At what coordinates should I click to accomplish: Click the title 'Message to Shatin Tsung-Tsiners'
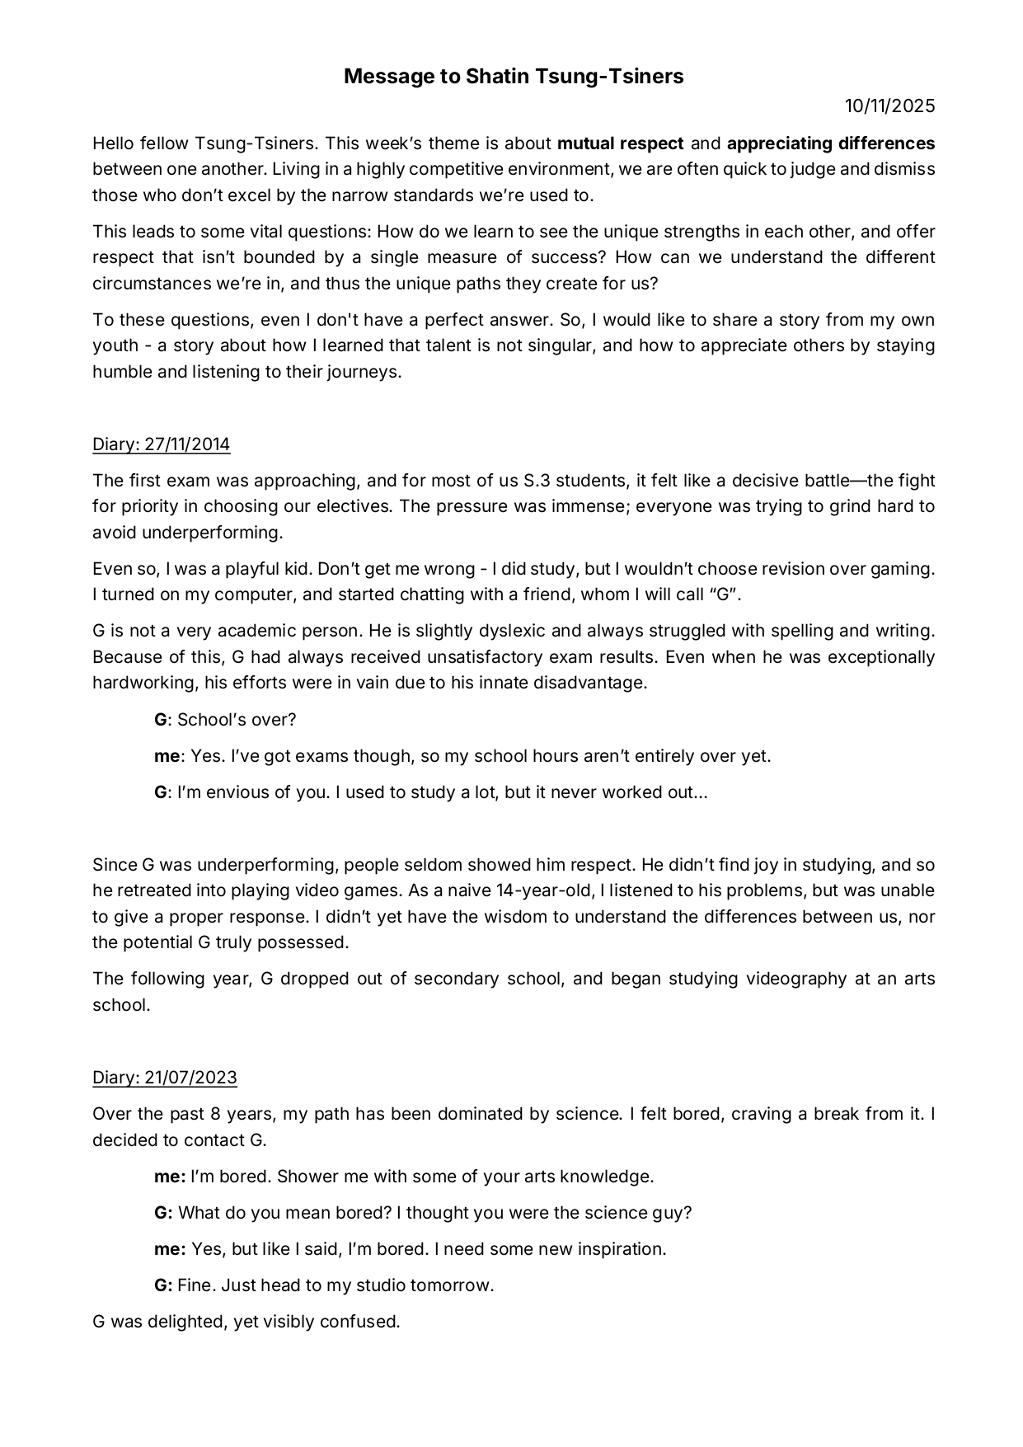(x=513, y=77)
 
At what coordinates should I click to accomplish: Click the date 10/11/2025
(x=889, y=106)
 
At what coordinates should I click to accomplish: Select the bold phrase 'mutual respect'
(x=620, y=143)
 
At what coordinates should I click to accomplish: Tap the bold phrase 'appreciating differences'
(x=830, y=143)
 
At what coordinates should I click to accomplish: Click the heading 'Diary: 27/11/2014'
(x=161, y=444)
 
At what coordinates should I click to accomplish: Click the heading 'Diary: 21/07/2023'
(x=164, y=1078)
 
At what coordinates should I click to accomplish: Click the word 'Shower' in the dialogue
(x=304, y=1177)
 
